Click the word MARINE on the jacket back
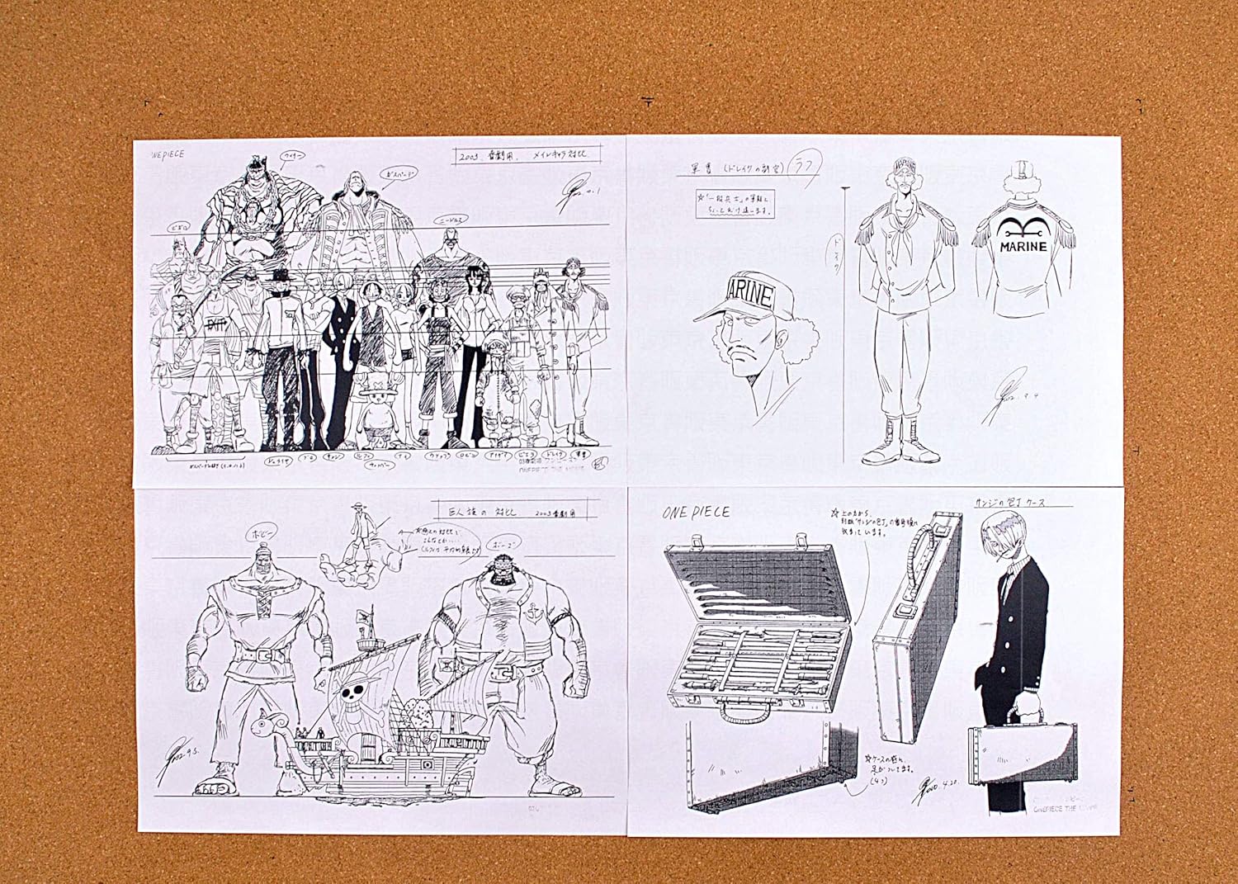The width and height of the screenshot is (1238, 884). click(x=1024, y=246)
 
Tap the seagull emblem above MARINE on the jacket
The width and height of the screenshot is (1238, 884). click(x=1024, y=228)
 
